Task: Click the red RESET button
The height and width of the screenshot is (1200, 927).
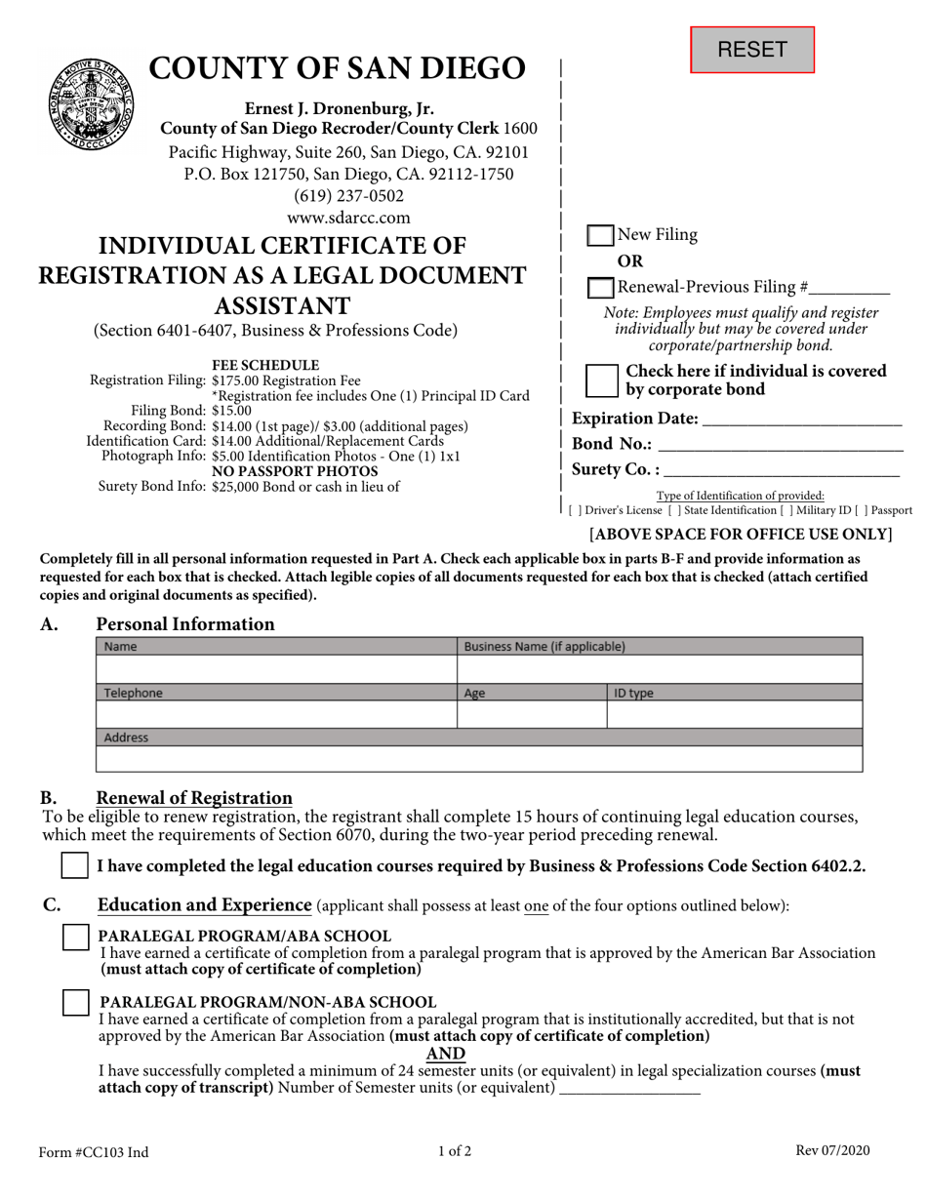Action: (x=752, y=50)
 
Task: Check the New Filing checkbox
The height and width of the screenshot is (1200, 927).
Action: (x=600, y=236)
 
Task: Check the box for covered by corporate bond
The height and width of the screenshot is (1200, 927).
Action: (x=600, y=380)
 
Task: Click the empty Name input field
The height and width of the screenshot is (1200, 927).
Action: (x=277, y=669)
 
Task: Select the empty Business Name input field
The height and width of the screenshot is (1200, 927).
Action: (x=660, y=669)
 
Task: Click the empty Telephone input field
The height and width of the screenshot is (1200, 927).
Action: (x=277, y=715)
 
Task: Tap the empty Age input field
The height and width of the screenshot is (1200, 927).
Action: (x=532, y=715)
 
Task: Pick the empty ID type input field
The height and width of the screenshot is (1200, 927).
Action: (x=735, y=715)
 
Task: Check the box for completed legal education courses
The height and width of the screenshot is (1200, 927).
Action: (x=74, y=865)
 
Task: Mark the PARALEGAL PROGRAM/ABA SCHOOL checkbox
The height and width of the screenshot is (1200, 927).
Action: (x=74, y=937)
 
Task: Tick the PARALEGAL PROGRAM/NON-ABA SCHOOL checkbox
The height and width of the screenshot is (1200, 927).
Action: (x=74, y=1002)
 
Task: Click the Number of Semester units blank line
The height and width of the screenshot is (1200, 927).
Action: (x=629, y=1089)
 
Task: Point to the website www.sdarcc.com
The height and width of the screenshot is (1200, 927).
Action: (x=348, y=218)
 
